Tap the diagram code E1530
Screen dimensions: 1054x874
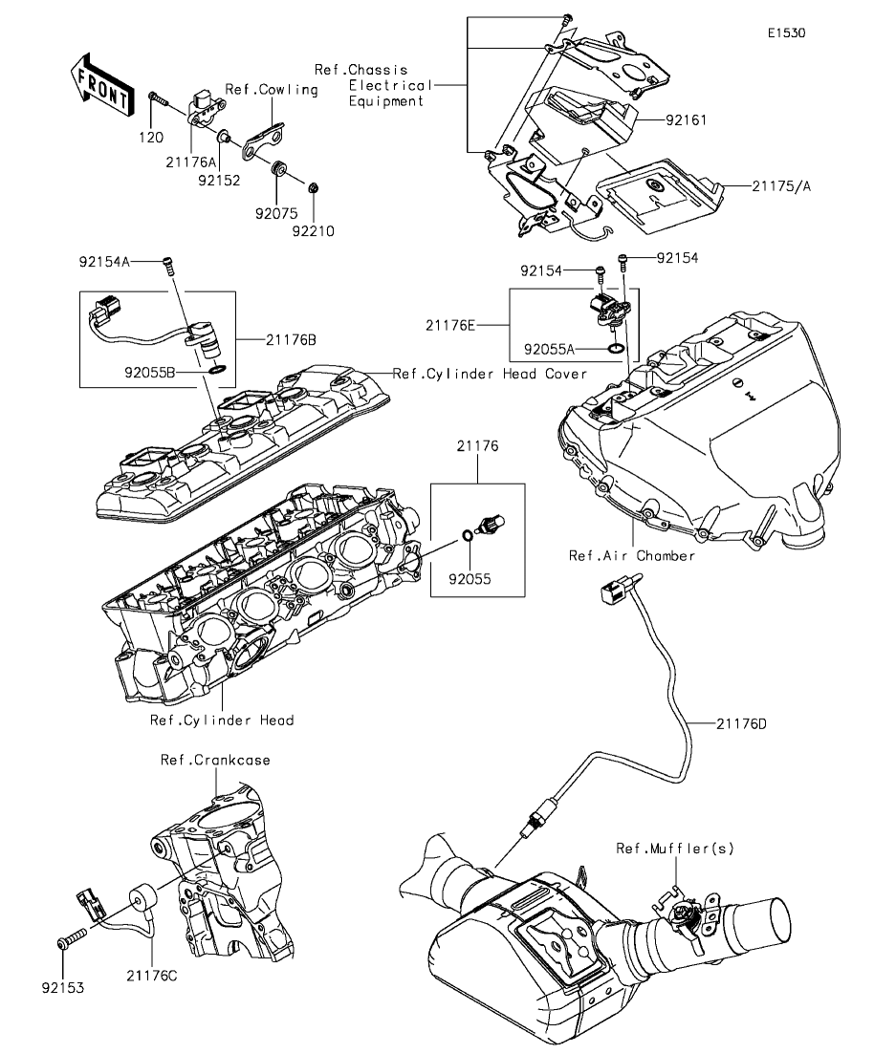pyautogui.click(x=785, y=32)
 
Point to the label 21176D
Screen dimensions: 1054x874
pyautogui.click(x=741, y=723)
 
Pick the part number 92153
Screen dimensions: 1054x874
pyautogui.click(x=62, y=984)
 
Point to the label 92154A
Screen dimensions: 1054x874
pyautogui.click(x=105, y=260)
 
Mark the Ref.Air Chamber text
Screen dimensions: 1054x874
pyautogui.click(x=632, y=555)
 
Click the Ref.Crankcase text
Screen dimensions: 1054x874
pyautogui.click(x=215, y=761)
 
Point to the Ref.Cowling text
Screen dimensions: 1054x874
pyautogui.click(x=271, y=90)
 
